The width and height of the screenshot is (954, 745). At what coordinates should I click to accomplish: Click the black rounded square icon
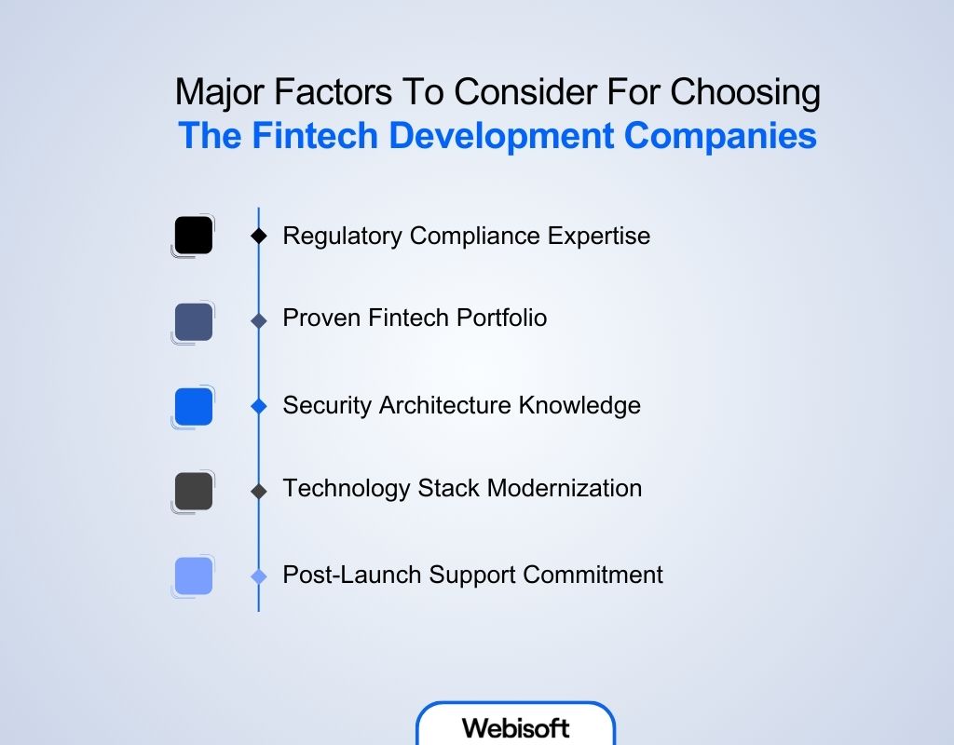click(194, 236)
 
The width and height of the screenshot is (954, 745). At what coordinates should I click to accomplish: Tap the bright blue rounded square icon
click(194, 407)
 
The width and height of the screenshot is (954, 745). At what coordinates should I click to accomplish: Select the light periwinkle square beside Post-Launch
click(194, 576)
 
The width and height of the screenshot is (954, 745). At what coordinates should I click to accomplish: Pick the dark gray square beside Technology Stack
click(194, 491)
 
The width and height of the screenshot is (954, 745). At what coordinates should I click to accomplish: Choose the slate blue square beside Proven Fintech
click(194, 321)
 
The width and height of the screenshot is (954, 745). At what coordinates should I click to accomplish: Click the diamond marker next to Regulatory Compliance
click(259, 237)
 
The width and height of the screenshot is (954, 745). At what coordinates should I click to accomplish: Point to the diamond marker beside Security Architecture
click(259, 407)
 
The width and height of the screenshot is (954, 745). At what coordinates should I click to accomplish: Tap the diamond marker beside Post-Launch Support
click(259, 576)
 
